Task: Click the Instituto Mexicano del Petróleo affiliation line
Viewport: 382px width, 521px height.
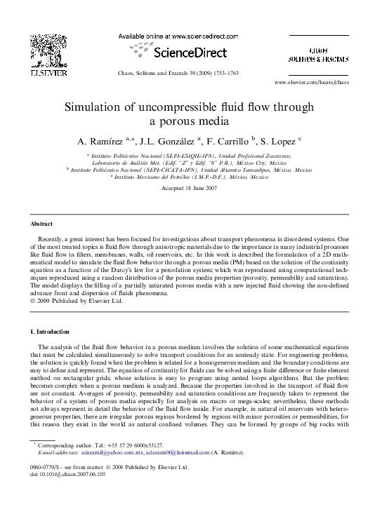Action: point(190,177)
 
